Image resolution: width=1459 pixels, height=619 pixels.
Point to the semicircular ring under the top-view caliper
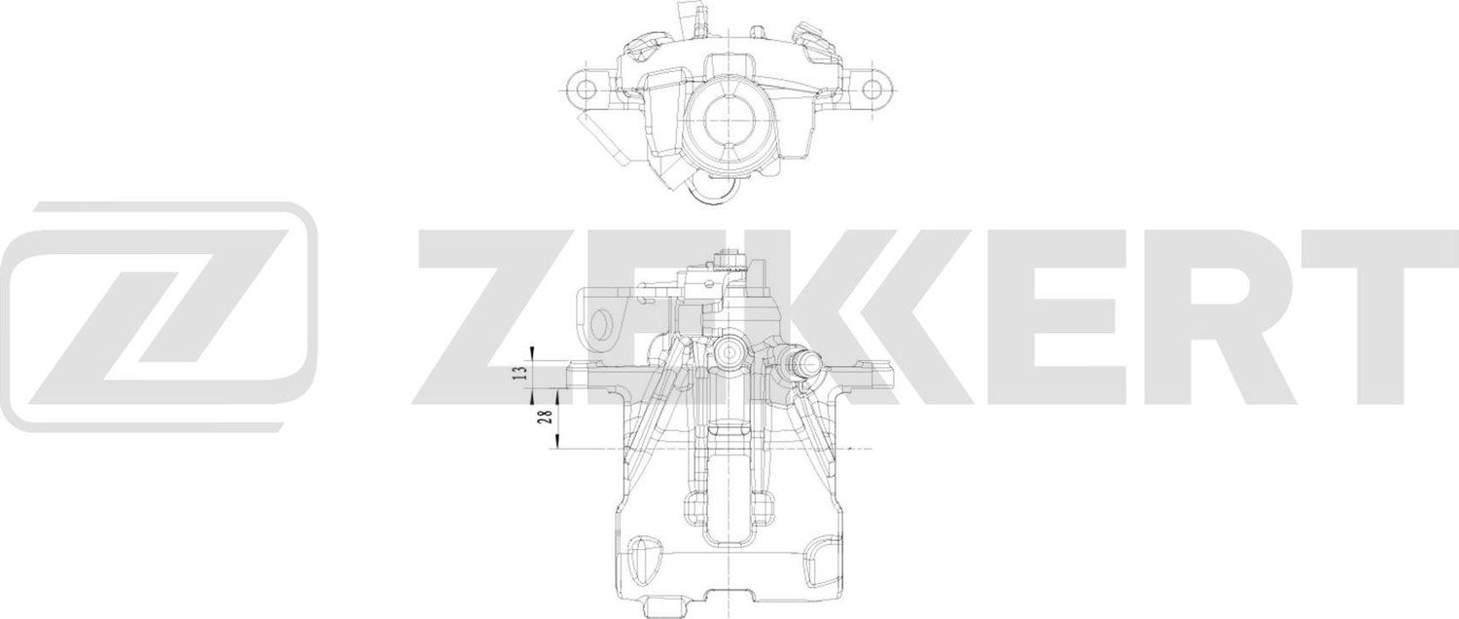click(715, 195)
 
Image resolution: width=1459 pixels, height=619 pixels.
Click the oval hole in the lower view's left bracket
click(607, 326)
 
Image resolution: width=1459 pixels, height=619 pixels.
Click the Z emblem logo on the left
click(160, 316)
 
